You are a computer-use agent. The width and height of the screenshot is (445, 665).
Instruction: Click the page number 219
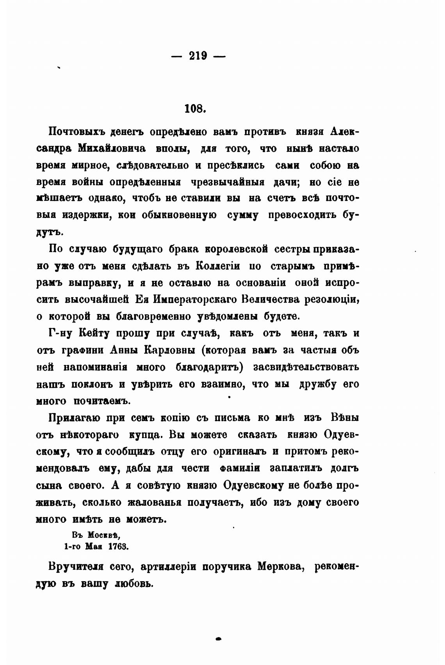pos(199,55)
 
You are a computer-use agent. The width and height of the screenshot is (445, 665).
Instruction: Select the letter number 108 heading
pos(195,108)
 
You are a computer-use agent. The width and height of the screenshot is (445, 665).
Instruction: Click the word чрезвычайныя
pos(228,182)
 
